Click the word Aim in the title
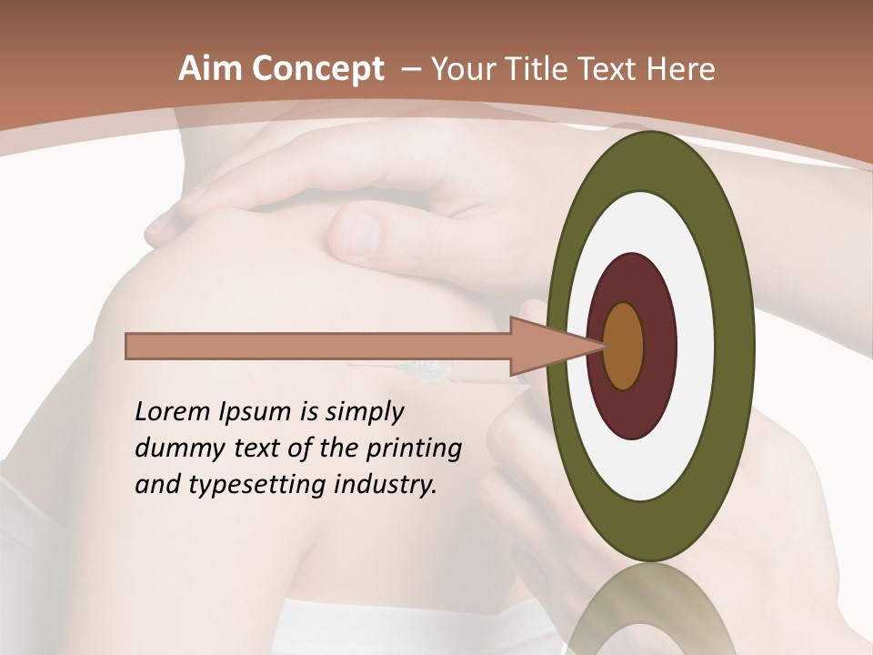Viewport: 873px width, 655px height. (205, 69)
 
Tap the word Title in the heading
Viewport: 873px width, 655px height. (547, 69)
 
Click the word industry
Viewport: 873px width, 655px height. (387, 485)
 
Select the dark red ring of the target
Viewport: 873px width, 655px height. (659, 346)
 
